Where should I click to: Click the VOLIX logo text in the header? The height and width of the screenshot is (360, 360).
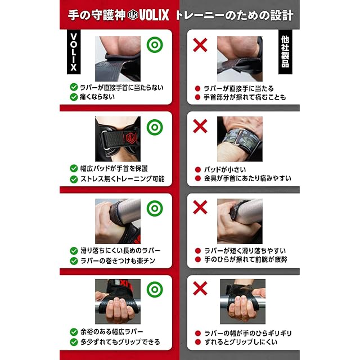[x=154, y=15]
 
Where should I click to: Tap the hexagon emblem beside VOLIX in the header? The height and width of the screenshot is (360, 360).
[x=133, y=15]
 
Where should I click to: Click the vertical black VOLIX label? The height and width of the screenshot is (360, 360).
[x=74, y=52]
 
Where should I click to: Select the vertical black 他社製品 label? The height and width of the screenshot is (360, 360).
[x=285, y=52]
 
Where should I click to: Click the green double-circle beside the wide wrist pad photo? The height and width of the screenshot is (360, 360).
[x=155, y=127]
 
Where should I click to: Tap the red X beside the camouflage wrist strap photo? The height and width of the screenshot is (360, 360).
[x=200, y=126]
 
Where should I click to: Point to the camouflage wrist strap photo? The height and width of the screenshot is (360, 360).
[x=240, y=139]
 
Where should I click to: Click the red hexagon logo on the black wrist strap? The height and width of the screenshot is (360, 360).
[x=131, y=137]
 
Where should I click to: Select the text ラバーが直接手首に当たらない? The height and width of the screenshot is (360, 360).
[x=121, y=88]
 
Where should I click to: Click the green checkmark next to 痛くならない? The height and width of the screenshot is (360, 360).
[x=74, y=97]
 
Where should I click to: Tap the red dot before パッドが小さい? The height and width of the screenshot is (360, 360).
[x=197, y=170]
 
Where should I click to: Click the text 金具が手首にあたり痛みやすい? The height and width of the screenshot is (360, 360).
[x=247, y=178]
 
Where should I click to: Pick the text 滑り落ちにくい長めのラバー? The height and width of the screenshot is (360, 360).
[x=120, y=250]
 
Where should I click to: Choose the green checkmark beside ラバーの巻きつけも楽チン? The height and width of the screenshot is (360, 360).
[x=74, y=261]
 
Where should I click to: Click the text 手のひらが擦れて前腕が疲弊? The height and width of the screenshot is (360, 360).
[x=245, y=259]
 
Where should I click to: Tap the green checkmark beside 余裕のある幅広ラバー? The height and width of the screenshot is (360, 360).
[x=74, y=332]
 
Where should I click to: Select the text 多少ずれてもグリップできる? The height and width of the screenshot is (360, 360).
[x=120, y=342]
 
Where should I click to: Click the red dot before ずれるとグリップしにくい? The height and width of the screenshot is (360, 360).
[x=197, y=342]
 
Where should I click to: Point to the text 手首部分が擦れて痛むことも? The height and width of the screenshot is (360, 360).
[x=245, y=97]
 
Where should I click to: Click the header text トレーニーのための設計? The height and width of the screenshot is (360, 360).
[x=235, y=15]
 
